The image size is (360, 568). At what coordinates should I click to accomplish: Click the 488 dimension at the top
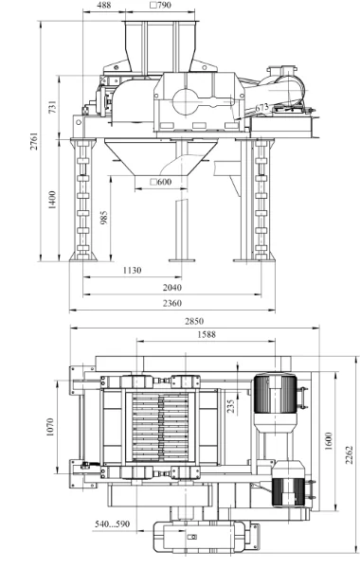[104, 6]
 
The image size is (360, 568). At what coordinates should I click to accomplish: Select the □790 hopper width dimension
[161, 5]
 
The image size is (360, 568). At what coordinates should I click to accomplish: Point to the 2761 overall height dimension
[34, 141]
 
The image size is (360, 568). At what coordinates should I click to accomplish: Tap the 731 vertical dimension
[52, 107]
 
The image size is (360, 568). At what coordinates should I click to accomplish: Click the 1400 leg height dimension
[52, 200]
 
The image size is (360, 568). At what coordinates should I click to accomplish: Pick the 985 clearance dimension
[104, 218]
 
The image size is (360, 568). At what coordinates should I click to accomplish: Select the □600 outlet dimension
[161, 182]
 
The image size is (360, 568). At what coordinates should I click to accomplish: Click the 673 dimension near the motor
[261, 108]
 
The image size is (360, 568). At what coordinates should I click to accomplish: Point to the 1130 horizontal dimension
[132, 270]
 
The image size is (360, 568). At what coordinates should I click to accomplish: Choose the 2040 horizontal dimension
[172, 288]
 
